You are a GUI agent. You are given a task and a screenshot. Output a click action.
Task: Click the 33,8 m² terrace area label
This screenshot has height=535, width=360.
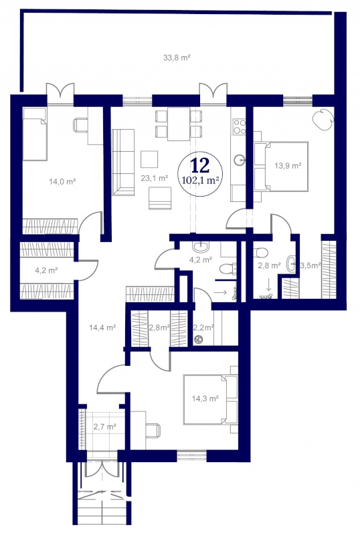[177, 58]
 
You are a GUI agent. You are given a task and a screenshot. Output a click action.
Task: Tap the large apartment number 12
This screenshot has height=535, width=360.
[200, 165]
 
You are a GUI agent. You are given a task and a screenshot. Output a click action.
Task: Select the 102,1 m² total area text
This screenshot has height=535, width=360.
[201, 180]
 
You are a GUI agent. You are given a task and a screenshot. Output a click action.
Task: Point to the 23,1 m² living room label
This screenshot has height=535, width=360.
[155, 178]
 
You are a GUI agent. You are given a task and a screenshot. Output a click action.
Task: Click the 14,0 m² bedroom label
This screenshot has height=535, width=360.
[62, 181]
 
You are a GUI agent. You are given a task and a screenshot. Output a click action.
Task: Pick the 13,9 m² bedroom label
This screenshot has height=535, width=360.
[288, 166]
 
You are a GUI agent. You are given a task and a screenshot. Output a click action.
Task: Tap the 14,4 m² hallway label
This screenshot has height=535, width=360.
[102, 328]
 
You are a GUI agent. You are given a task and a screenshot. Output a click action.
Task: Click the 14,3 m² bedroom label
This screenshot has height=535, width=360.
[205, 398]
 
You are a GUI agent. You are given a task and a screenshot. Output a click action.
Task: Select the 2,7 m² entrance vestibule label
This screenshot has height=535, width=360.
[105, 426]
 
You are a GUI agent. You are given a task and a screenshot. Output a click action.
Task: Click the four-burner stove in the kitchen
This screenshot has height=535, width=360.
[238, 126]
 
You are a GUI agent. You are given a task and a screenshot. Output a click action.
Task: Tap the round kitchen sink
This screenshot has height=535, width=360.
[240, 159]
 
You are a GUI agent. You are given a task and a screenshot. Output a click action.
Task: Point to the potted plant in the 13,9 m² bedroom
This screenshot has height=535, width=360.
[323, 119]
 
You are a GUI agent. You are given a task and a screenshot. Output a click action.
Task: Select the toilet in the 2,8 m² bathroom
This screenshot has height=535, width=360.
[260, 253]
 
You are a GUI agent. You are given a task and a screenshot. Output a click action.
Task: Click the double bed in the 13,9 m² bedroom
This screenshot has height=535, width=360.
[281, 167]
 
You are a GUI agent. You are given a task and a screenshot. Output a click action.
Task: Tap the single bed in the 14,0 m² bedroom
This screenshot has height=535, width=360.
[35, 134]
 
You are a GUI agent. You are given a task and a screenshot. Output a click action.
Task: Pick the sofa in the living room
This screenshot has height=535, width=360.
[123, 163]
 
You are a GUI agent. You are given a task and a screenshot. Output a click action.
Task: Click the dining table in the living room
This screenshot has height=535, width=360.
[179, 124]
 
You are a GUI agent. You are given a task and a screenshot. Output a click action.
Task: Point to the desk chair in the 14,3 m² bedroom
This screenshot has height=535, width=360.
[153, 430]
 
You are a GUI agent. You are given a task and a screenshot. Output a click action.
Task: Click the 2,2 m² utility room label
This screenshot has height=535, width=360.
[203, 328]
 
